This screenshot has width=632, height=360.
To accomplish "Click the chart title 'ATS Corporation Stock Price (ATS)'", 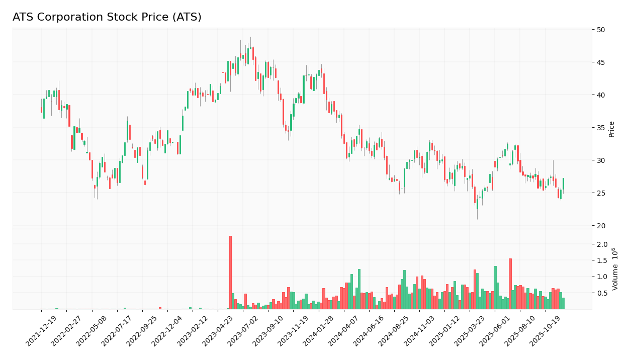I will point(107,18).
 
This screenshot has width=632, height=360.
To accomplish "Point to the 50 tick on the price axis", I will point(601,30).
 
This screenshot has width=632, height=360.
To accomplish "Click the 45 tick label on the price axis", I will point(601,62).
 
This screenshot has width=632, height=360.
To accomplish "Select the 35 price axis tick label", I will point(601,128).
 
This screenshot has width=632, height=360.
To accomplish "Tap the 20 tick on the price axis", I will point(601,226).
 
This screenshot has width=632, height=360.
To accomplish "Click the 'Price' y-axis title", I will point(612,129).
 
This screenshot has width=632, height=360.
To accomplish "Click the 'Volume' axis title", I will point(614,269).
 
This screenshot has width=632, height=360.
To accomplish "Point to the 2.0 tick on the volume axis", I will point(602,244).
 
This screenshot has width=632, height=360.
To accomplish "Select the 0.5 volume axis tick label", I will point(602,293).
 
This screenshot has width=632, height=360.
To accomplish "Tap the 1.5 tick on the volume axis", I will point(602,260).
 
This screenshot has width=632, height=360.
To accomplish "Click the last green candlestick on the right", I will point(563,184).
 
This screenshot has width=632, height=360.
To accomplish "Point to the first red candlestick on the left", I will point(41,110).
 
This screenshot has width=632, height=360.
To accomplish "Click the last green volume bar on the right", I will point(563,303).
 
